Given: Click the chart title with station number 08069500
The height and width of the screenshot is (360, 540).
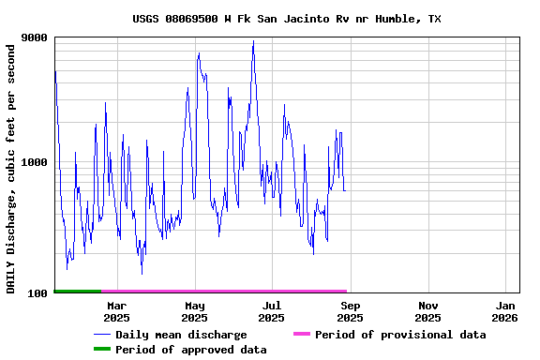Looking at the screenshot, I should click(286, 19).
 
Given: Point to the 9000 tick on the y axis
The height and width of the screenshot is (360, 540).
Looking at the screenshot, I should click(35, 37).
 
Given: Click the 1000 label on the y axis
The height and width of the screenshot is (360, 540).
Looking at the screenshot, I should click(35, 162).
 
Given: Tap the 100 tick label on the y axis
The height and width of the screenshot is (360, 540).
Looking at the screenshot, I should click(37, 293).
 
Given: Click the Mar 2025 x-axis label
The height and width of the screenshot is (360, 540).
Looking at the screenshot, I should click(116, 311).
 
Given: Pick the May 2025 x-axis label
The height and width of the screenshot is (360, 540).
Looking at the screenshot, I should click(194, 311).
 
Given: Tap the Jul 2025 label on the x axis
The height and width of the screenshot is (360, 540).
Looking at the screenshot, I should click(271, 311).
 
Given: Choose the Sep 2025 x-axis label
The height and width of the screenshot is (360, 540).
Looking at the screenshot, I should click(350, 311).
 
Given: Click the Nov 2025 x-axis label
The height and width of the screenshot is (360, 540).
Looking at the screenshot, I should click(427, 311).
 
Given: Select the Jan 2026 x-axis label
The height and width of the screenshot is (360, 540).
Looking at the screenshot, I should click(505, 311).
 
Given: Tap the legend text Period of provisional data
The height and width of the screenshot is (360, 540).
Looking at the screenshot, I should click(400, 335).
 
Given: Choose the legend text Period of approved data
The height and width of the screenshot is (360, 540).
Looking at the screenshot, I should click(191, 350).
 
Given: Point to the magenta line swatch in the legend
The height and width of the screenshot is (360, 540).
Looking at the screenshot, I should click(301, 335).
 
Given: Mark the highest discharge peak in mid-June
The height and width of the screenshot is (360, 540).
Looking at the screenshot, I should click(253, 41).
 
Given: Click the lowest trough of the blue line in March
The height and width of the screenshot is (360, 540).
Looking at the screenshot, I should click(142, 273).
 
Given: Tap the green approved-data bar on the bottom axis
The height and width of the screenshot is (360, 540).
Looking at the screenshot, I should click(78, 292).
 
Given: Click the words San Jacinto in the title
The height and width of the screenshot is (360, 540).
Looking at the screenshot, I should click(286, 19).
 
